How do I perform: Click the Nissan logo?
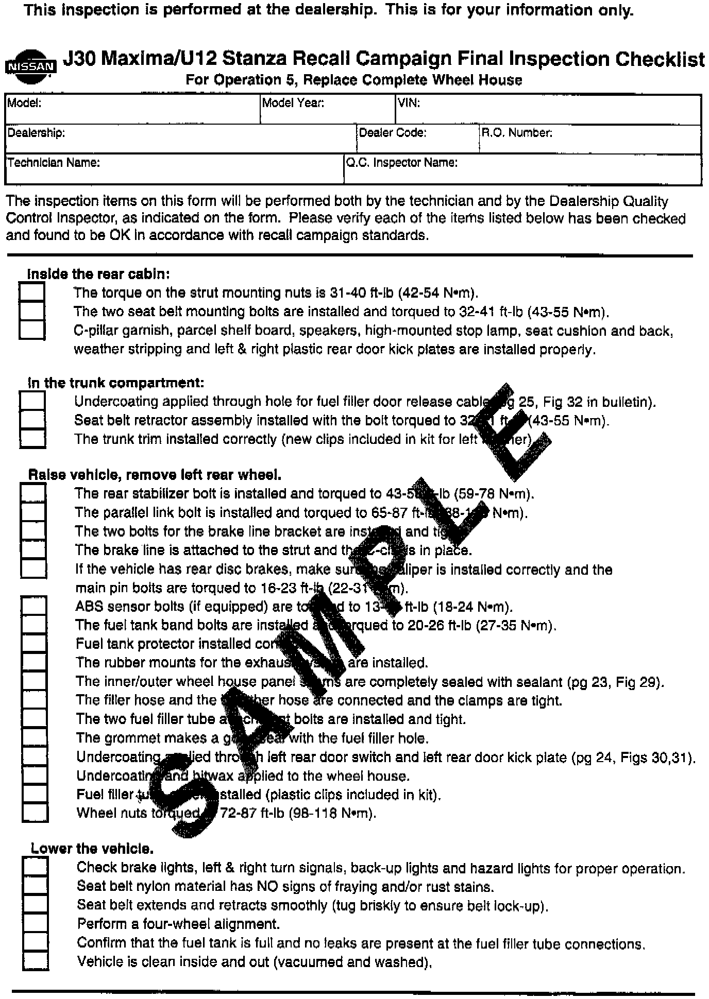tap(30, 66)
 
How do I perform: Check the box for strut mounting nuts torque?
tap(31, 292)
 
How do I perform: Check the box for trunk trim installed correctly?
tap(32, 439)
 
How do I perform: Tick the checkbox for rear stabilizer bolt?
tap(33, 493)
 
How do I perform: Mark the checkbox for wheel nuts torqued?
tap(35, 813)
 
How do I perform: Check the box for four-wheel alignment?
tap(36, 924)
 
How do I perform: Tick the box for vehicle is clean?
tap(36, 961)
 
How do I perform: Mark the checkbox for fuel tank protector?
tap(34, 643)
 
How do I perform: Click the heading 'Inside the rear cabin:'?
tap(98, 274)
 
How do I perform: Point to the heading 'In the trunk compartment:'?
tap(116, 383)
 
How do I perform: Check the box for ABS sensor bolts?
tap(34, 606)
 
